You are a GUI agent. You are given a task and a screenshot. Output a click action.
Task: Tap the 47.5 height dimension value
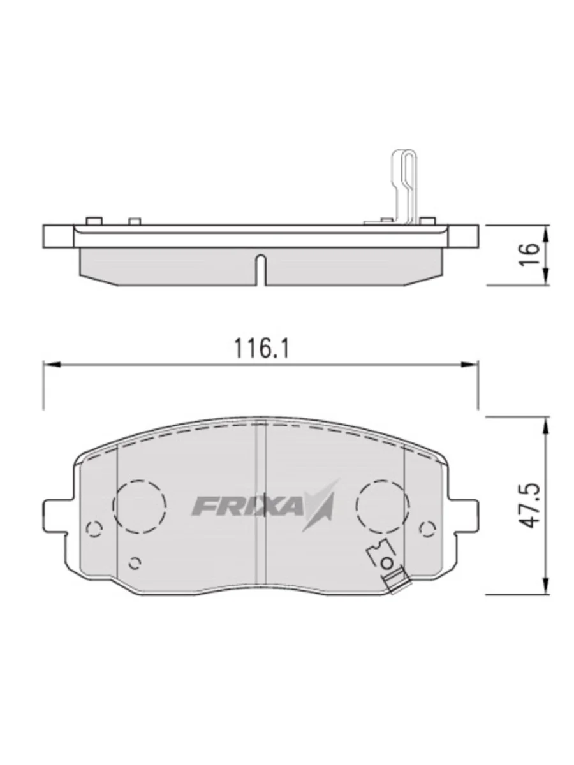tap(529, 505)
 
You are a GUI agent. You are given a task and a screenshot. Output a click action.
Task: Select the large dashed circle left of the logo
tap(139, 506)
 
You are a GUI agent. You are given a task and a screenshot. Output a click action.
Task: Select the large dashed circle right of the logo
tap(383, 506)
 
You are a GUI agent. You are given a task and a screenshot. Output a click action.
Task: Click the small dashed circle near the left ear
tap(94, 528)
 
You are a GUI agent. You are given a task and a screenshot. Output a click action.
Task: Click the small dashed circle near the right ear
tap(428, 527)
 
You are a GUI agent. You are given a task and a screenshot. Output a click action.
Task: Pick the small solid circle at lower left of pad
tap(135, 562)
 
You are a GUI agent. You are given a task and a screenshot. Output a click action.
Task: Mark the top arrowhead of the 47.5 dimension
tap(546, 425)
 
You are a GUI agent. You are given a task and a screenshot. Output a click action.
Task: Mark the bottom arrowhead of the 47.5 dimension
tap(546, 586)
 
